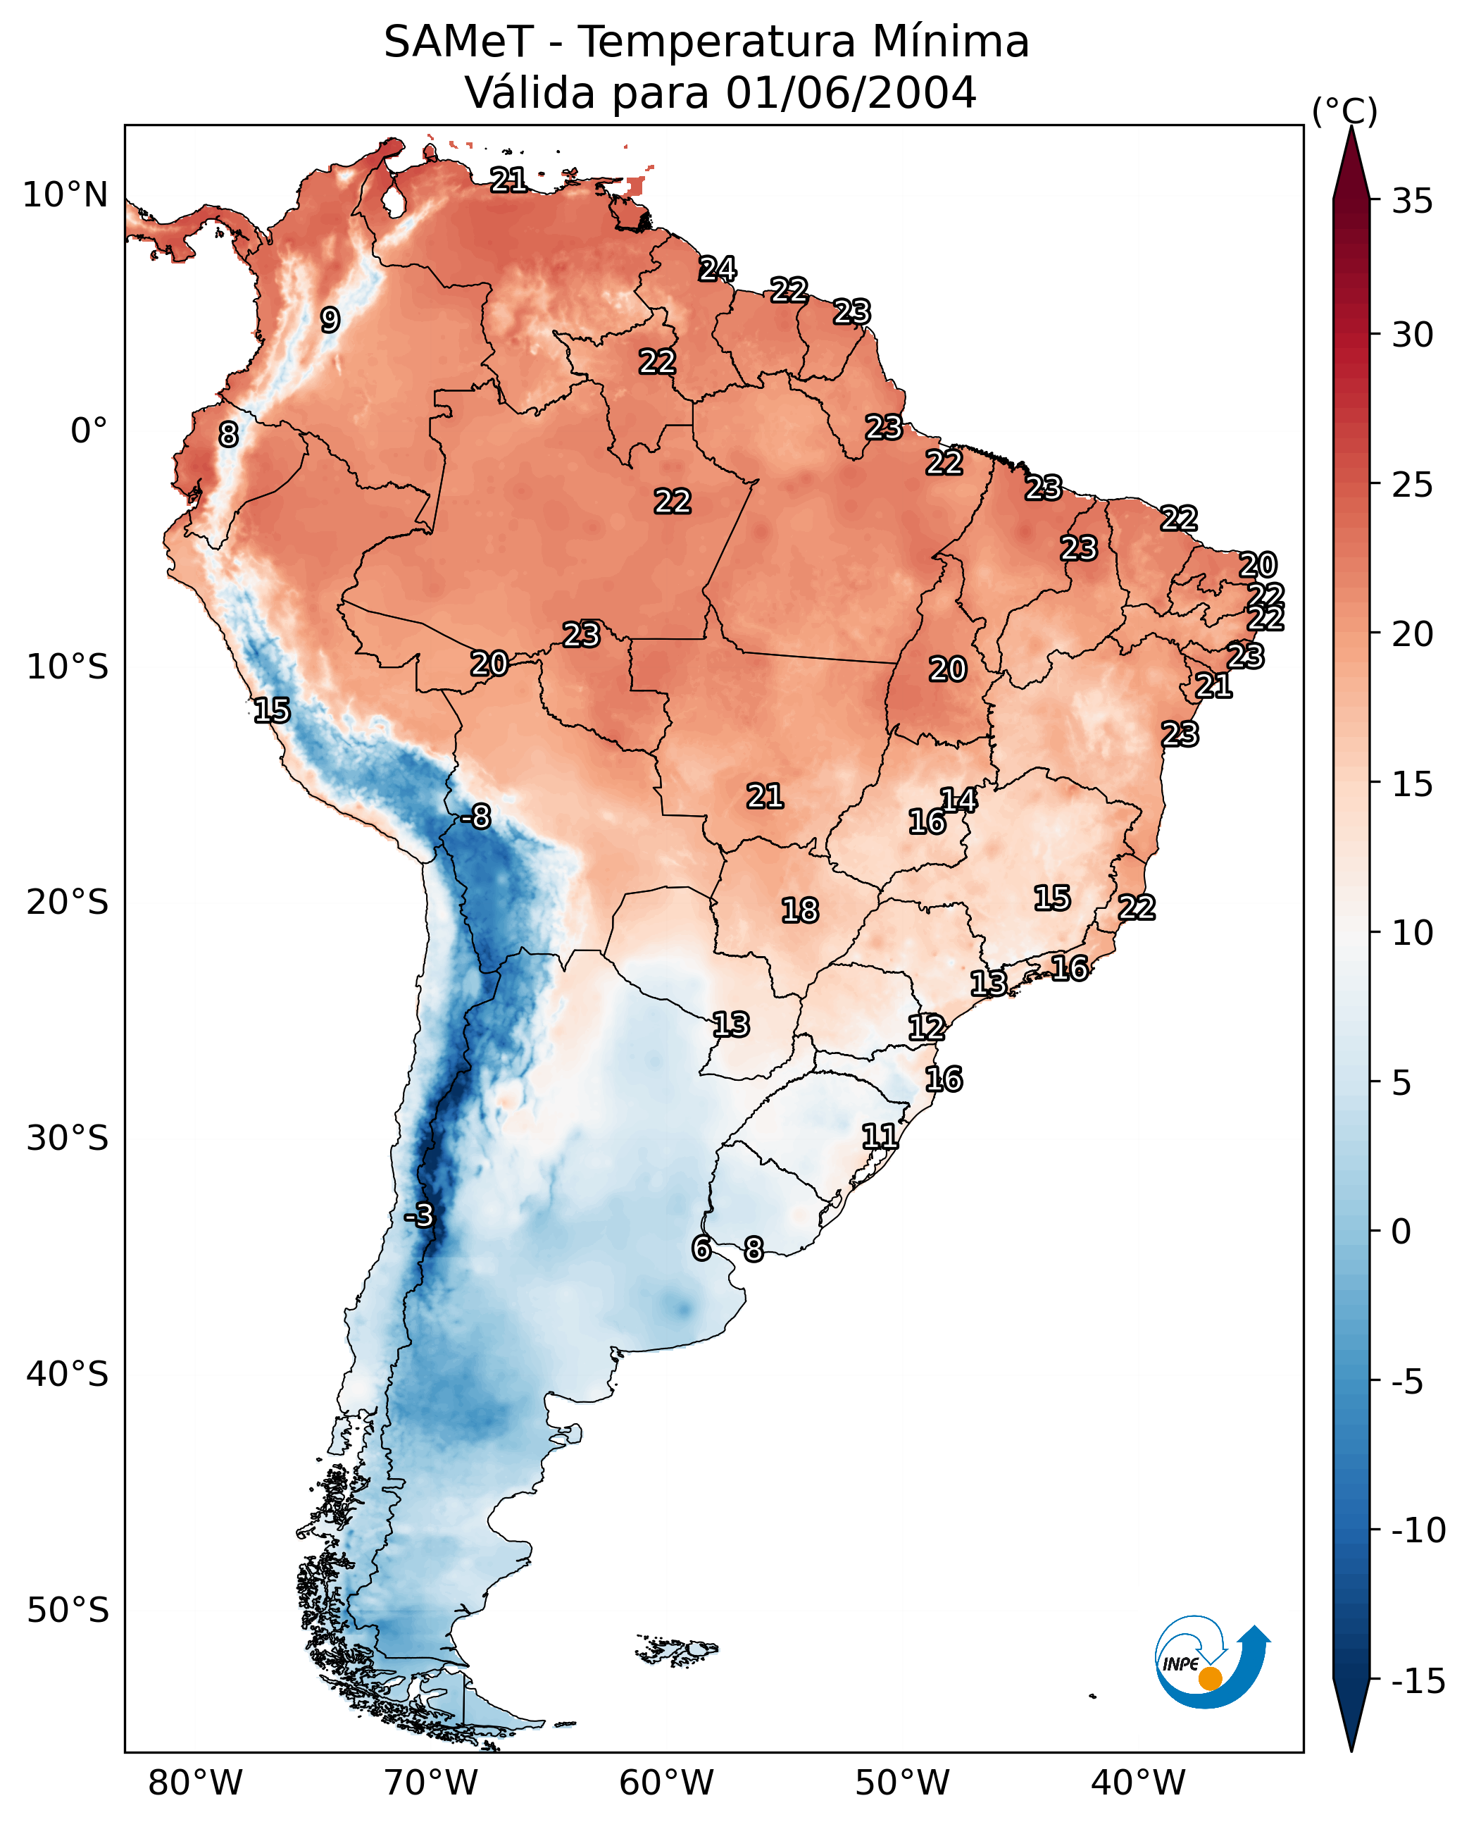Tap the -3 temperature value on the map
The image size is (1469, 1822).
418,1215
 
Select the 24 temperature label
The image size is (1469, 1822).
717,268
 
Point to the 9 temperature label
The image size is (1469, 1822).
330,319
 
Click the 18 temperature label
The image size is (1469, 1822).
800,910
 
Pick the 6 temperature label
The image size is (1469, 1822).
701,1248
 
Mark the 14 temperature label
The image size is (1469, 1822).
958,799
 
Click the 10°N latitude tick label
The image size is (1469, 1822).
65,196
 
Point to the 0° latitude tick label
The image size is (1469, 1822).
89,431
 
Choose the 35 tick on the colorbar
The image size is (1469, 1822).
1412,202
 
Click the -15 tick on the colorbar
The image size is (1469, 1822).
1418,1682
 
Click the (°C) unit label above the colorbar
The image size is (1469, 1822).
1344,111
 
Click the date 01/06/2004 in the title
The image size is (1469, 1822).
851,92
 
